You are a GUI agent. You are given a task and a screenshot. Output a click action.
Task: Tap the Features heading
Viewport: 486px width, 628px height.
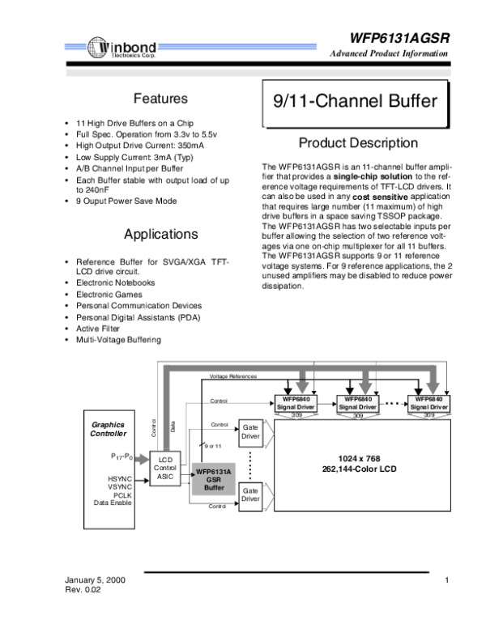coord(160,99)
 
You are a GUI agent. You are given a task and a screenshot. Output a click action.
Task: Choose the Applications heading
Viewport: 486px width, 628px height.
coord(160,235)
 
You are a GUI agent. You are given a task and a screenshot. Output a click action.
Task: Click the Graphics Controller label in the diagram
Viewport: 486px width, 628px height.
coord(108,428)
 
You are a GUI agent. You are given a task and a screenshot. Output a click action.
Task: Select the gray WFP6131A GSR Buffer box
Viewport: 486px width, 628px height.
coord(214,478)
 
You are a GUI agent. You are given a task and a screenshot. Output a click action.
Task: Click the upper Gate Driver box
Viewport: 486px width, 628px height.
coord(251,431)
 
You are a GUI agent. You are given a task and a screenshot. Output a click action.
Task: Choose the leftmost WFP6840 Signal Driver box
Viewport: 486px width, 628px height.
coord(295,403)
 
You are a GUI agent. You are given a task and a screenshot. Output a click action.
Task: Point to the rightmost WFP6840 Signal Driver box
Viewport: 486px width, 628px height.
coord(428,403)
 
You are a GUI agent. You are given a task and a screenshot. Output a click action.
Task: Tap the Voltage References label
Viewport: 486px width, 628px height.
coord(233,377)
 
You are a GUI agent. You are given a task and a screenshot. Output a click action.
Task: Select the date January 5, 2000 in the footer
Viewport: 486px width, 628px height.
coord(94,582)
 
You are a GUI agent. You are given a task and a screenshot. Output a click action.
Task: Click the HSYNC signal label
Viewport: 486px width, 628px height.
coord(119,478)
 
